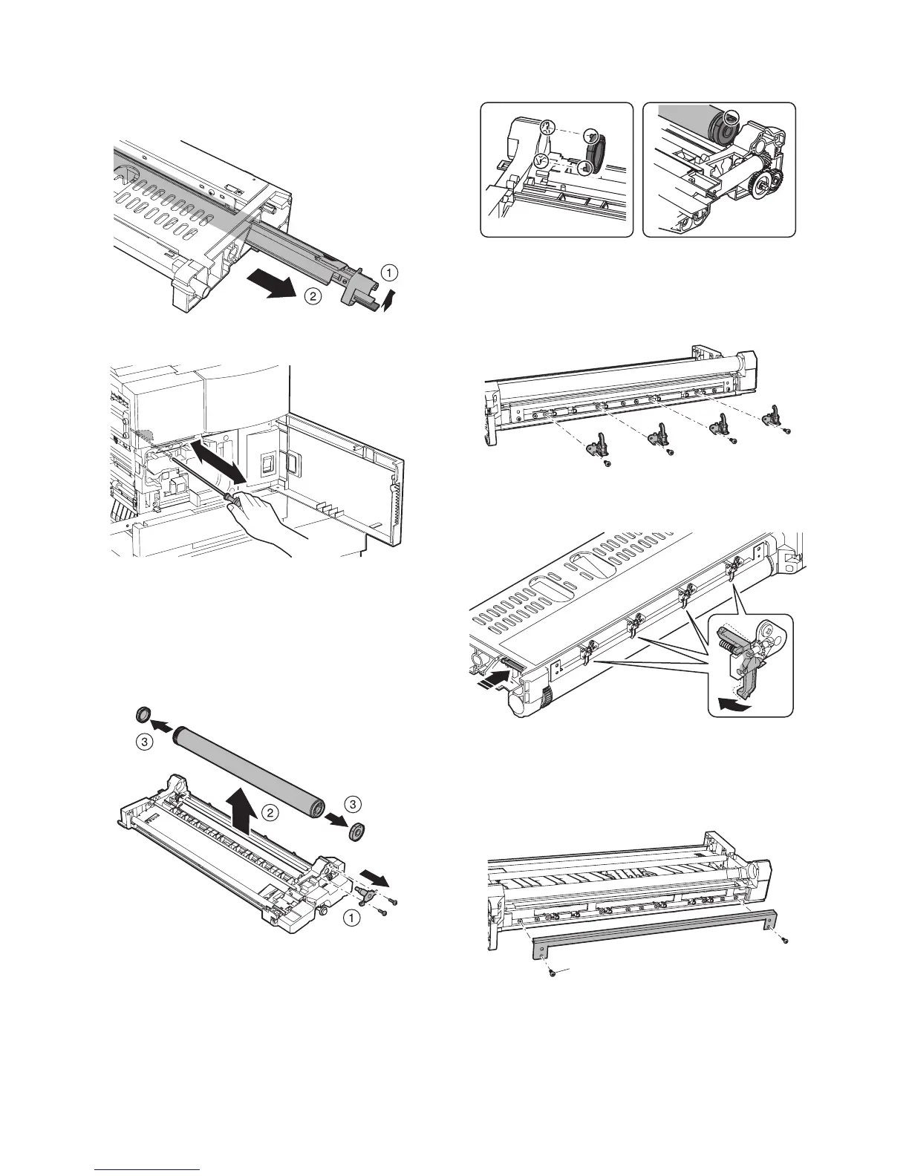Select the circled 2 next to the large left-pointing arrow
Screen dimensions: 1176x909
(x=312, y=296)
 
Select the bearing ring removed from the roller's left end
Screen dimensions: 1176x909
(x=140, y=716)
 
